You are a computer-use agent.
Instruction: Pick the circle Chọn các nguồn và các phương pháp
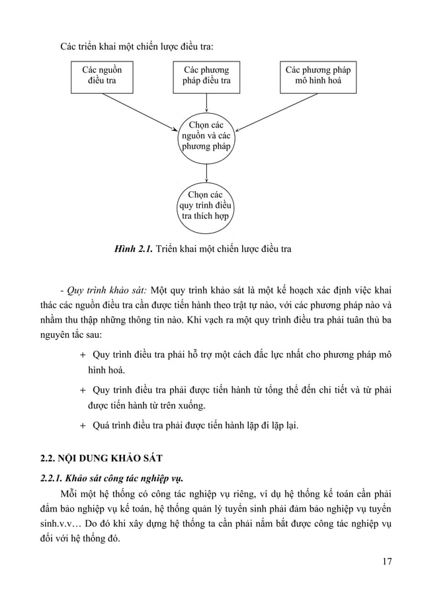206,136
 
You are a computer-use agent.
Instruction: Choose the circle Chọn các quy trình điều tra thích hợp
206,205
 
